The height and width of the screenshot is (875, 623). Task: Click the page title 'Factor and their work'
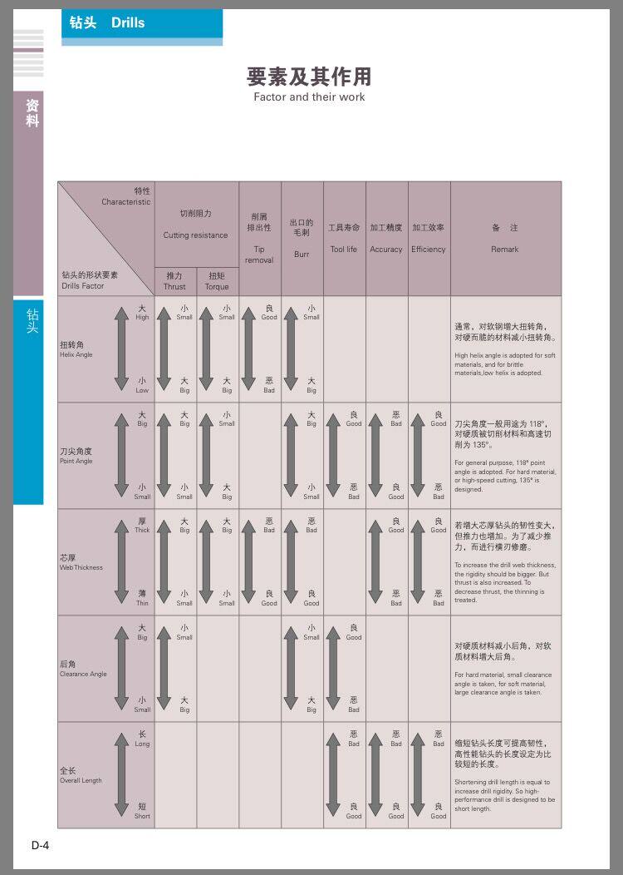point(309,97)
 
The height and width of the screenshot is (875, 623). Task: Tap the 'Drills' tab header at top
point(128,23)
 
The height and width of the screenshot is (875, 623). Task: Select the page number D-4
point(41,846)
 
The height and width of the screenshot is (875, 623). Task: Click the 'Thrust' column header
point(174,286)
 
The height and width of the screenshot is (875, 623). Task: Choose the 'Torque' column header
point(217,286)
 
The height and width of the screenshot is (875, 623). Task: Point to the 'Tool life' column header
point(343,249)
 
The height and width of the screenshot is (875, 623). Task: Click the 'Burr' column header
point(302,254)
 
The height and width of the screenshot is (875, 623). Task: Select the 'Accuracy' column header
point(386,249)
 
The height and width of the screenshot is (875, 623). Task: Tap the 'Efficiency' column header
point(429,249)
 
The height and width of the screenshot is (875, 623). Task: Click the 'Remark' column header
point(504,249)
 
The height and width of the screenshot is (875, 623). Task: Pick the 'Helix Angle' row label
point(76,354)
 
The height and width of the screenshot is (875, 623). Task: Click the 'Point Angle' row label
point(76,461)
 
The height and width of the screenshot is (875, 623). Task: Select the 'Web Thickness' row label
point(81,567)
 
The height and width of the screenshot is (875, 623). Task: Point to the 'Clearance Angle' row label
point(83,674)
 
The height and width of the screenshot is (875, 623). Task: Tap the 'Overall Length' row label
point(81,780)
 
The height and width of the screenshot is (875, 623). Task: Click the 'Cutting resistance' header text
point(195,235)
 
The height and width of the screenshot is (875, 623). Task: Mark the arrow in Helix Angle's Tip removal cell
point(248,349)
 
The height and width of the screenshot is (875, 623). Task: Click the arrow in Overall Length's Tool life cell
point(333,775)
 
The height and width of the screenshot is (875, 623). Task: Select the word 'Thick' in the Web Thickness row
point(142,530)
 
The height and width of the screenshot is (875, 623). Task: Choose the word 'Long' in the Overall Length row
point(142,744)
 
